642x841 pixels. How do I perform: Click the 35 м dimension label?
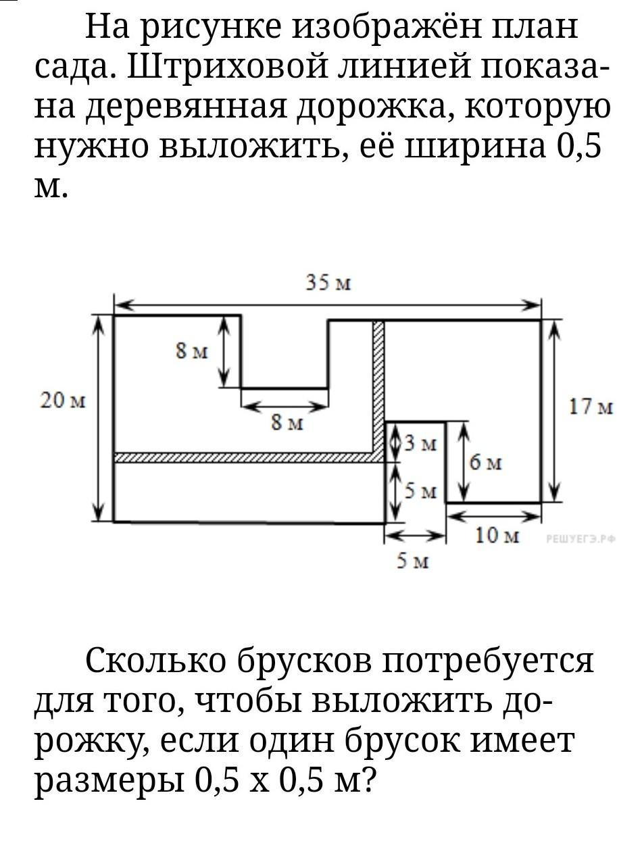pos(328,283)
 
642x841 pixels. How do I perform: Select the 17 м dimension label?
pos(591,407)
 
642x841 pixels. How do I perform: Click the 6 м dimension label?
pos(485,463)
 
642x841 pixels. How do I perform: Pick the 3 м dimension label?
pos(421,444)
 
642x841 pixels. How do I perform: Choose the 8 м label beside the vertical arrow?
pos(192,351)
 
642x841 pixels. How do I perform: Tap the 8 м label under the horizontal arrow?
pos(287,423)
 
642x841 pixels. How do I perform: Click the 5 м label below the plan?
pos(412,561)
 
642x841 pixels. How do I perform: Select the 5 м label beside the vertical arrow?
pos(421,491)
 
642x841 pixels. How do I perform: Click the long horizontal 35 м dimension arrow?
pos(328,305)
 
